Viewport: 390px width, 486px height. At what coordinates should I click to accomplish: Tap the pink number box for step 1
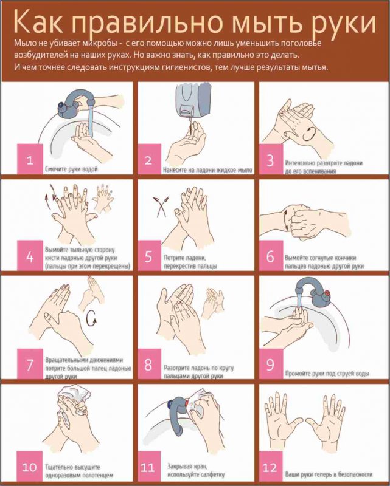tap(30, 159)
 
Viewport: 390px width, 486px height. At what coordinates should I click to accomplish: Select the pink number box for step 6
tap(271, 256)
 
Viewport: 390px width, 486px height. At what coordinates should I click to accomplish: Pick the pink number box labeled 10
tap(29, 467)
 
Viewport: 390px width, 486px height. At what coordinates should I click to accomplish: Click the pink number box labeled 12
tap(271, 467)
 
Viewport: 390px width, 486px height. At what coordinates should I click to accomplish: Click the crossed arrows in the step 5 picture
tap(161, 206)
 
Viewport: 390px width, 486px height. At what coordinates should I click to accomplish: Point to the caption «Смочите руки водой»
tap(71, 169)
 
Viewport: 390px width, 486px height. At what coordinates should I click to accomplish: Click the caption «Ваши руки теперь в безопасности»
tap(329, 474)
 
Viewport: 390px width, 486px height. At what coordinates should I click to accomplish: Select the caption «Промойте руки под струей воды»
tap(327, 374)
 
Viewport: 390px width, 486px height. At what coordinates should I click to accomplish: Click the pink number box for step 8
tap(148, 364)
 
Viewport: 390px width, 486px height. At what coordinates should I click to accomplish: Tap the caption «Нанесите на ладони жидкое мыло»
tap(207, 170)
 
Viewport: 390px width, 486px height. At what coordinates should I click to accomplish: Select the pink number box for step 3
tap(271, 160)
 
